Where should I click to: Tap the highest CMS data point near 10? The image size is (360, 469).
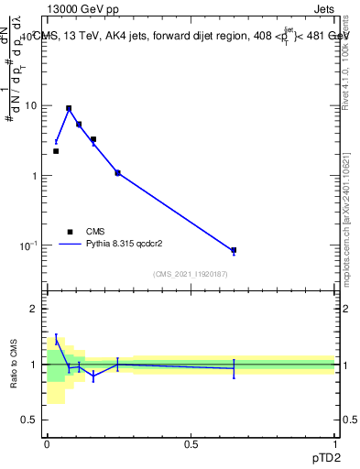pyautogui.click(x=69, y=108)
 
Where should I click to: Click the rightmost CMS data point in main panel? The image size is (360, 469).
pyautogui.click(x=234, y=250)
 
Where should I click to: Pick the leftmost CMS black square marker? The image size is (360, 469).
pyautogui.click(x=56, y=151)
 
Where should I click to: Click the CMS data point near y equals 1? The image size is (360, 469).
pyautogui.click(x=117, y=172)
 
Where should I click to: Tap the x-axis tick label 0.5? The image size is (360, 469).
pyautogui.click(x=191, y=444)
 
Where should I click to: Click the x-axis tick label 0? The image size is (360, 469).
pyautogui.click(x=47, y=444)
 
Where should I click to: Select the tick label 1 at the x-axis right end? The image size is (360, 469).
pyautogui.click(x=335, y=444)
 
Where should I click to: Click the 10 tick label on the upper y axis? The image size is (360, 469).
pyautogui.click(x=30, y=105)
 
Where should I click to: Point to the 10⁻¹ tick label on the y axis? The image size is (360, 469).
pyautogui.click(x=27, y=245)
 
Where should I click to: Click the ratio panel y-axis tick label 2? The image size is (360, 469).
pyautogui.click(x=34, y=309)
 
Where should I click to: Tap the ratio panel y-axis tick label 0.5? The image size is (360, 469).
pyautogui.click(x=29, y=420)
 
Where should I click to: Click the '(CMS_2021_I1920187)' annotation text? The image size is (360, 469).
pyautogui.click(x=191, y=274)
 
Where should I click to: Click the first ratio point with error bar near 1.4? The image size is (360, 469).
pyautogui.click(x=56, y=340)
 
